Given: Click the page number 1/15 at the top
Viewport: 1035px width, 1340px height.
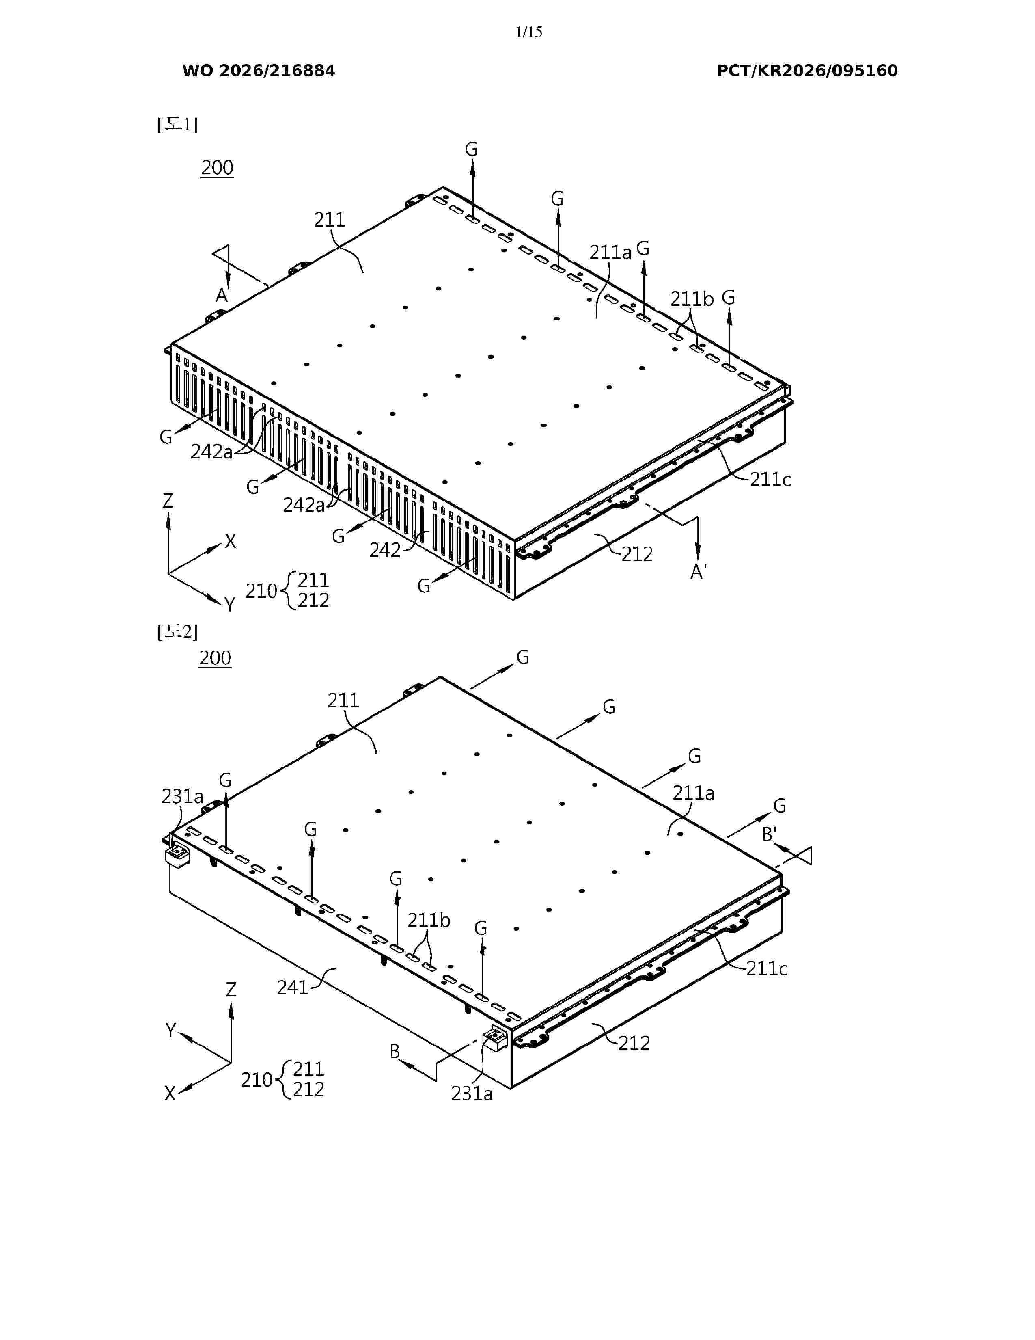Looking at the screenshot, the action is coord(528,32).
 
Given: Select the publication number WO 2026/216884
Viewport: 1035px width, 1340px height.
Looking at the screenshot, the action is coord(259,71).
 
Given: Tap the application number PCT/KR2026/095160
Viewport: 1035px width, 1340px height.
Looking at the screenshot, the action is coord(807,71).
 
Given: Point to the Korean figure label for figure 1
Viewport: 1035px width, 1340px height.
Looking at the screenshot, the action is coord(177,125).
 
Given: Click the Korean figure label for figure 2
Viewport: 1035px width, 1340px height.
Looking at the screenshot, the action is coord(177,631).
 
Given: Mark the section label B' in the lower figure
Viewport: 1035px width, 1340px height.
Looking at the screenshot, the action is coord(770,834).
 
